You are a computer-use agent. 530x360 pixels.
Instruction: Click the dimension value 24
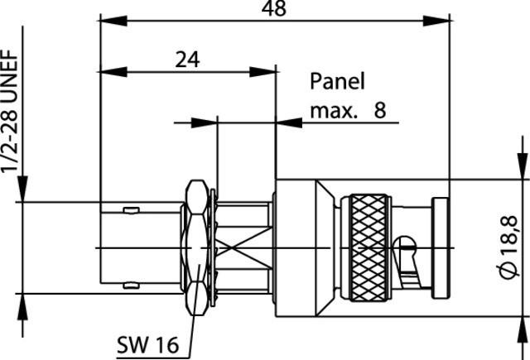(x=187, y=60)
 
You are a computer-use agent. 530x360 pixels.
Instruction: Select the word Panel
(x=337, y=81)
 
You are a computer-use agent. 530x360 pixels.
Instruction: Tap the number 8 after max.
(x=380, y=109)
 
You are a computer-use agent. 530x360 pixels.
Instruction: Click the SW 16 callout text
(x=148, y=343)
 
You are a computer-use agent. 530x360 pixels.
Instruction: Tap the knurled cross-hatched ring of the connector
(x=367, y=247)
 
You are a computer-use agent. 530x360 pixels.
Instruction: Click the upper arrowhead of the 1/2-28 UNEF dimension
(x=25, y=194)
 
